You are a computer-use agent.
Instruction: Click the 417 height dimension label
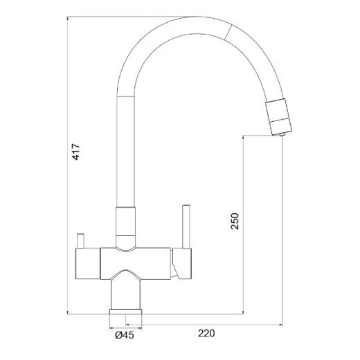coord(76,152)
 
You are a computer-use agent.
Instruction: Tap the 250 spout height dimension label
coord(235,221)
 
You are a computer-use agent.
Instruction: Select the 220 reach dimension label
coord(206,333)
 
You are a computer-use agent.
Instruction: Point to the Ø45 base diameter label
coord(125,335)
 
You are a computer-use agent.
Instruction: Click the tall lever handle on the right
coord(186,226)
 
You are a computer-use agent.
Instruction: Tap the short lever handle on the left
coord(80,241)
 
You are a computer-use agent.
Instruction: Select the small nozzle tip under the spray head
coord(282,134)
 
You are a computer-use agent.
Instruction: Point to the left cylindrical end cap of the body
coord(88,264)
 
